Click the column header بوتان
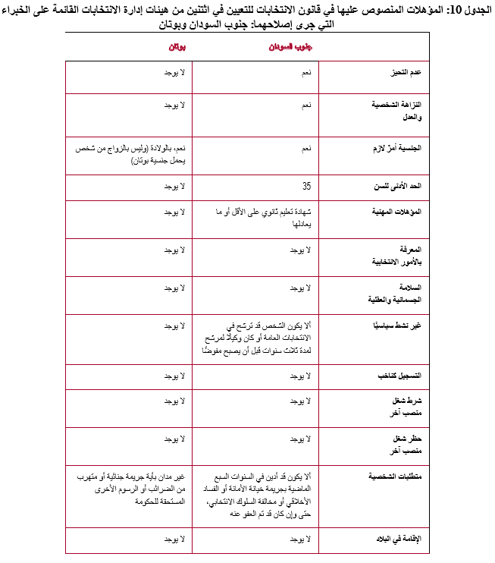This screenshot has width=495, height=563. pos(177,47)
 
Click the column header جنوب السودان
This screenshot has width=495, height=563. pos(293,47)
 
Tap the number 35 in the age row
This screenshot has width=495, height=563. pos(306,186)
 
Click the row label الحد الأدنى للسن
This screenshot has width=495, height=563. pos(399,186)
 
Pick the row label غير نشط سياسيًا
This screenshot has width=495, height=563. pos(401,325)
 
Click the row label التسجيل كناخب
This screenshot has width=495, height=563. pos(403,376)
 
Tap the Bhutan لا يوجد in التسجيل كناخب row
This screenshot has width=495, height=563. pos(175,376)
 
